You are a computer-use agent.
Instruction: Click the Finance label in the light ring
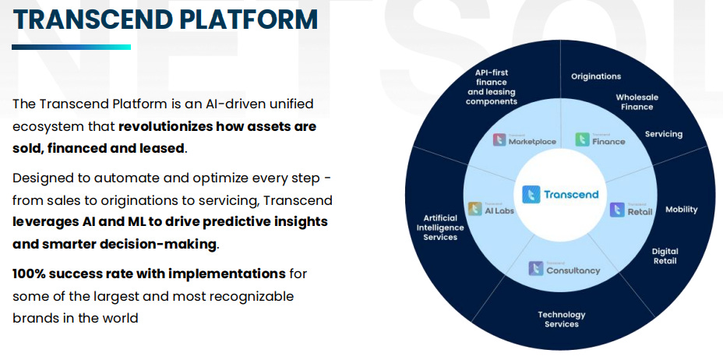(x=600, y=140)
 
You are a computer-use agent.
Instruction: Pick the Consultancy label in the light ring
(x=565, y=270)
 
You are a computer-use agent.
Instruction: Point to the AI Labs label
(x=492, y=210)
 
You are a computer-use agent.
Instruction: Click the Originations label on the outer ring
(x=596, y=76)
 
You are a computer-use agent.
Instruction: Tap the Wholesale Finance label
(x=637, y=101)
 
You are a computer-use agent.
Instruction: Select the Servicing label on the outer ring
(x=663, y=134)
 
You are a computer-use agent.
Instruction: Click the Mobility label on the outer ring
(x=681, y=210)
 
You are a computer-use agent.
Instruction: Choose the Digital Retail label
(x=665, y=256)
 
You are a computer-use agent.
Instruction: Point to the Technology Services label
(x=561, y=319)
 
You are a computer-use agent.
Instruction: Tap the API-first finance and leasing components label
(x=492, y=87)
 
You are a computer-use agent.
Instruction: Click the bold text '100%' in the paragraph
(x=30, y=274)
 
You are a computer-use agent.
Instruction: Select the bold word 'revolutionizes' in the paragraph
(x=166, y=126)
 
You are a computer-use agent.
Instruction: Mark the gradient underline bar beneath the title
(x=70, y=48)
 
